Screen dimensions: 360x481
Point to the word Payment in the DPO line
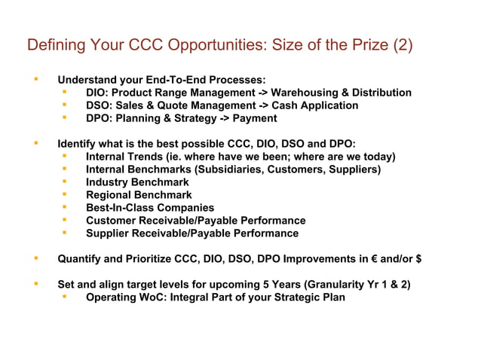[255, 118]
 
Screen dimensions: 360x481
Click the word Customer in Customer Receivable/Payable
[112, 221]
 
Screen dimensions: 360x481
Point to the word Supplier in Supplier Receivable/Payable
[109, 233]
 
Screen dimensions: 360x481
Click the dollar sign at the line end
[418, 259]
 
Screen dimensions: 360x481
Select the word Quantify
[80, 259]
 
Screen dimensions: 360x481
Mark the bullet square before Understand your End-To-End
[35, 79]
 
